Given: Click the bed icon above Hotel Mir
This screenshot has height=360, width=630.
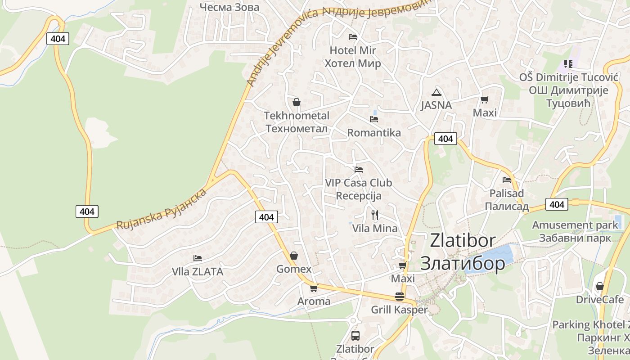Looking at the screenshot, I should coord(353,36).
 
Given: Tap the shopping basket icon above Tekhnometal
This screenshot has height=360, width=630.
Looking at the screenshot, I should coord(296,102).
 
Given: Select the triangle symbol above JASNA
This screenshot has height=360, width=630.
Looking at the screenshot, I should coord(436,93).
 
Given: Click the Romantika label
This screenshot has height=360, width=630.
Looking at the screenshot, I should coord(374,133).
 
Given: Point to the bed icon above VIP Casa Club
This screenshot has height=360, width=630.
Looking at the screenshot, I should coord(358,170).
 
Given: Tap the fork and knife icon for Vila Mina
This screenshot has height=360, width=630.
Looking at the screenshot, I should coord(374,215).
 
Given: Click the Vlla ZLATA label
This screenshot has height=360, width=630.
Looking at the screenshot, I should coord(198,272).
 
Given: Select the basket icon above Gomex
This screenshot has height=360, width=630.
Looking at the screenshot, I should coord(294,256).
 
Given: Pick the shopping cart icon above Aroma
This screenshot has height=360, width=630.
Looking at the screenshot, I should coord(314,288).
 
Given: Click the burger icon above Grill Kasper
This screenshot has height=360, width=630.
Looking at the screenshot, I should coord(399,297).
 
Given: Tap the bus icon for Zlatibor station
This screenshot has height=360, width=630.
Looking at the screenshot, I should coord(355,335).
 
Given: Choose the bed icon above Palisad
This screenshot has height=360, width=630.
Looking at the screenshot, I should coord(507,180).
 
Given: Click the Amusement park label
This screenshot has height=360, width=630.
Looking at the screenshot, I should coord(575,225).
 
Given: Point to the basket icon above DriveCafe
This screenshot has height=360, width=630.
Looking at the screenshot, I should coord(599,286).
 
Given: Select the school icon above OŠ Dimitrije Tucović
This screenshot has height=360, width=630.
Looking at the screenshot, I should coord(568,64).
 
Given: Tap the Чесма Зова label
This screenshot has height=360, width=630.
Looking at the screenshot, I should coord(229,7).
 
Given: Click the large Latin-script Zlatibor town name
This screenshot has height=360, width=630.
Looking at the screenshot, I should coord(463,241).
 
